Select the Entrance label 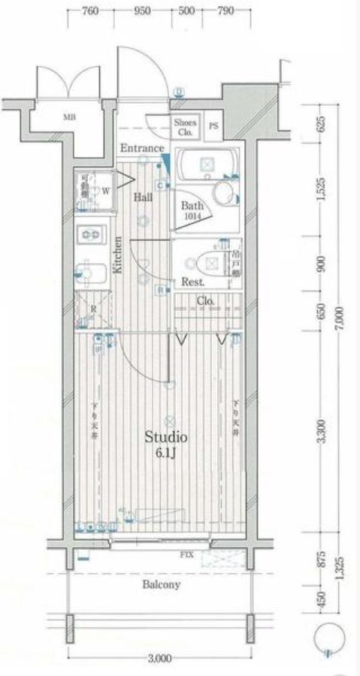pos(141,148)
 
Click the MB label pos(69,117)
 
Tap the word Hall pos(143,198)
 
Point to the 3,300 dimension pos(322,432)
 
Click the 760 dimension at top pos(89,11)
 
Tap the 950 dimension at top pos(141,11)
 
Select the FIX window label pos(185,556)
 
